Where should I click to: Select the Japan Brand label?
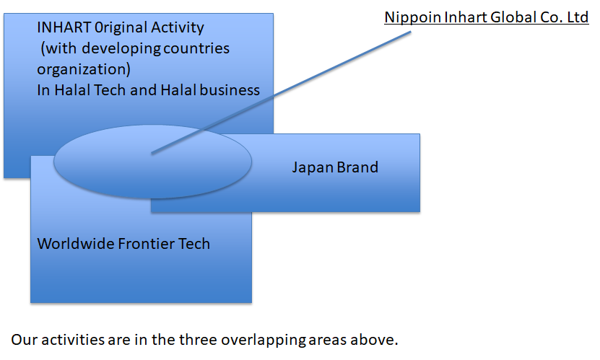point(335,167)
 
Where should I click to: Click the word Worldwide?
point(76,244)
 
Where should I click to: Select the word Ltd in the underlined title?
point(578,17)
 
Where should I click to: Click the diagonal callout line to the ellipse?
point(282,92)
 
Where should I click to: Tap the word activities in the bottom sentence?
point(73,340)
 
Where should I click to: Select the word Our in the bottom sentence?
point(25,340)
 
